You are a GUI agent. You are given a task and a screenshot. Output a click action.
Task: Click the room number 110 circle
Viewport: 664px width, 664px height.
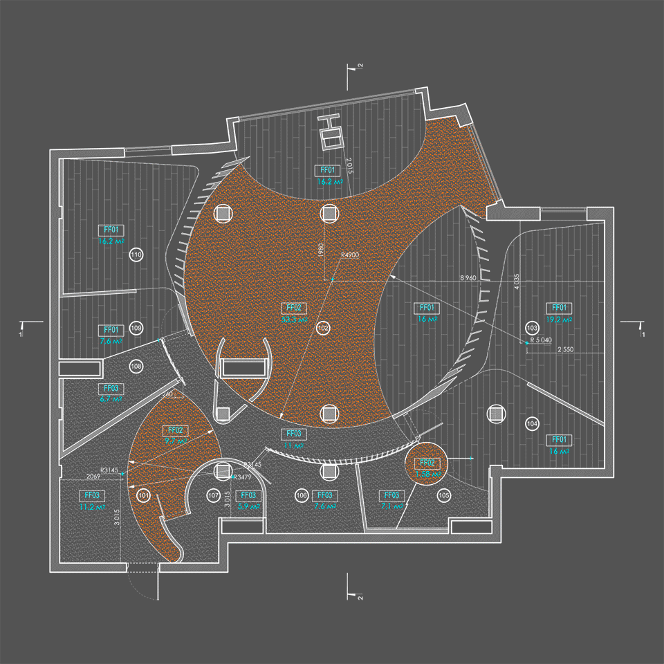click(x=136, y=256)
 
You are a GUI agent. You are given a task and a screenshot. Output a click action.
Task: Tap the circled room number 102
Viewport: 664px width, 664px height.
click(x=323, y=326)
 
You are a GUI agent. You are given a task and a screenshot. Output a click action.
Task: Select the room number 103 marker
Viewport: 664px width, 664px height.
click(x=532, y=326)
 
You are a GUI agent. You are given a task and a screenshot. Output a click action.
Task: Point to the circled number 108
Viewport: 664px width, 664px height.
click(x=136, y=365)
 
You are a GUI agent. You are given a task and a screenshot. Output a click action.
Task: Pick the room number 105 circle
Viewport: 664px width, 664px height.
click(x=444, y=495)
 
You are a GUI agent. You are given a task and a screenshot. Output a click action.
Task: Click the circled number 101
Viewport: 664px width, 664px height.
click(x=143, y=495)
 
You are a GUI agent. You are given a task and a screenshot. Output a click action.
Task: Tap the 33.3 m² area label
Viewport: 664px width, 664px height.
click(x=295, y=320)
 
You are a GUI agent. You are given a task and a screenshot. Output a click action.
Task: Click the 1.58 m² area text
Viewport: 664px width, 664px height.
click(x=426, y=474)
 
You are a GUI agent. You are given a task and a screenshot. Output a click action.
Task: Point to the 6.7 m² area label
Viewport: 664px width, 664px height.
click(x=111, y=400)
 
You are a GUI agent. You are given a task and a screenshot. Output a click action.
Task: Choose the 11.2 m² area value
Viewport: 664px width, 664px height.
click(x=91, y=507)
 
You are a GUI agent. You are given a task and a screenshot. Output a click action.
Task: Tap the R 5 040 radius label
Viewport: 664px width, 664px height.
click(x=541, y=340)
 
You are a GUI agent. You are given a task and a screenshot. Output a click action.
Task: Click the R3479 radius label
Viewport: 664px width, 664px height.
click(x=242, y=477)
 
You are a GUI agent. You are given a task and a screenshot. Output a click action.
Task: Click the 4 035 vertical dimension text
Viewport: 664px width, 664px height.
click(x=516, y=282)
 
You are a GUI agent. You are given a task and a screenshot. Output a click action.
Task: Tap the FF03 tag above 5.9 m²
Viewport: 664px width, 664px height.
click(x=248, y=495)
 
